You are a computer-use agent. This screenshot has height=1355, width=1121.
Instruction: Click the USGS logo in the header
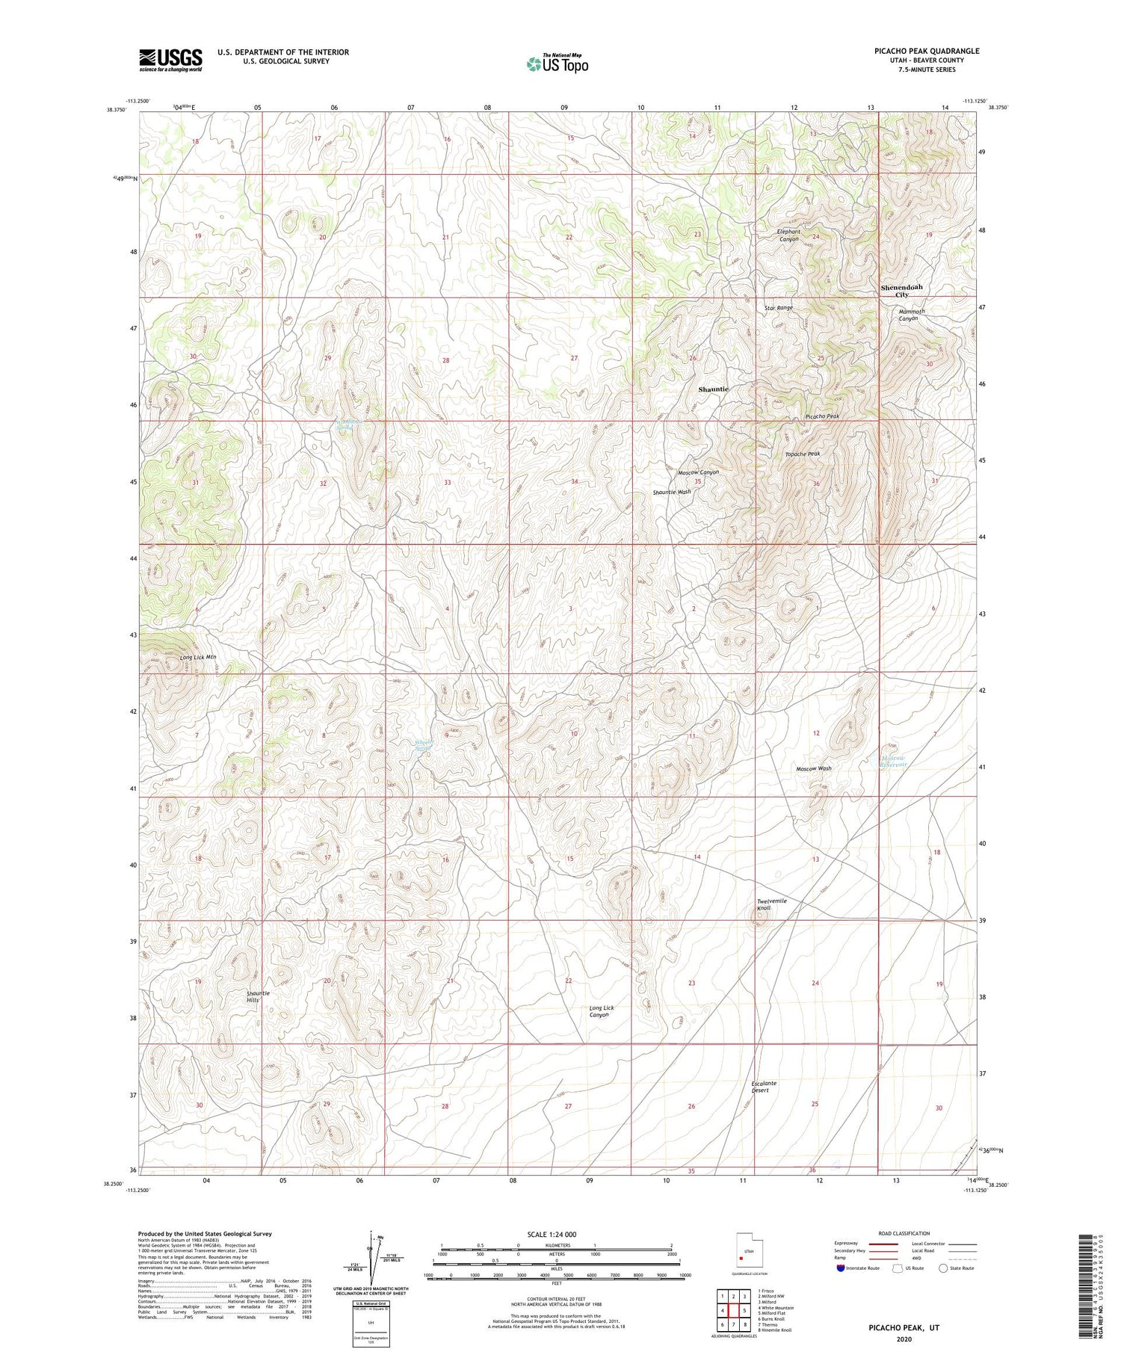(170, 60)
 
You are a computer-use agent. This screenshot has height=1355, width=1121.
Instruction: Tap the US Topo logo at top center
(557, 64)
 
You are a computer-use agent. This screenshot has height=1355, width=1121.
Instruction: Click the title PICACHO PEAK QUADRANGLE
(926, 51)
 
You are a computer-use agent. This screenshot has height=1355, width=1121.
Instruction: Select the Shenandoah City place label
(901, 291)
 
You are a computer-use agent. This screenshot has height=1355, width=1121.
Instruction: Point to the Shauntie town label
(713, 389)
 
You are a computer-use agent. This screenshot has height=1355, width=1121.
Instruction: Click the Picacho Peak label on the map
(822, 416)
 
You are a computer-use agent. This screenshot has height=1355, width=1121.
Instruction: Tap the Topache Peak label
(803, 454)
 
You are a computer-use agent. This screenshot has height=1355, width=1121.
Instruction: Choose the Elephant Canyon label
(788, 235)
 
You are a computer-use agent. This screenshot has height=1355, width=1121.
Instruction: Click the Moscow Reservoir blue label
(892, 761)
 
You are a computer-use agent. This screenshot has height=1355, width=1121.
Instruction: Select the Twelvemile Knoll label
(772, 904)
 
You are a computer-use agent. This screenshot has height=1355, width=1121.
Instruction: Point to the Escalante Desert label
(764, 1087)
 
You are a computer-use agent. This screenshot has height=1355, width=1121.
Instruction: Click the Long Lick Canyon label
(601, 1011)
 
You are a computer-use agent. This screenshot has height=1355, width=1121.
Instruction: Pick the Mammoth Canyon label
(911, 315)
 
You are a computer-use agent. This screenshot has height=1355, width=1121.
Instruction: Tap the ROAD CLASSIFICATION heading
(904, 1233)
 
